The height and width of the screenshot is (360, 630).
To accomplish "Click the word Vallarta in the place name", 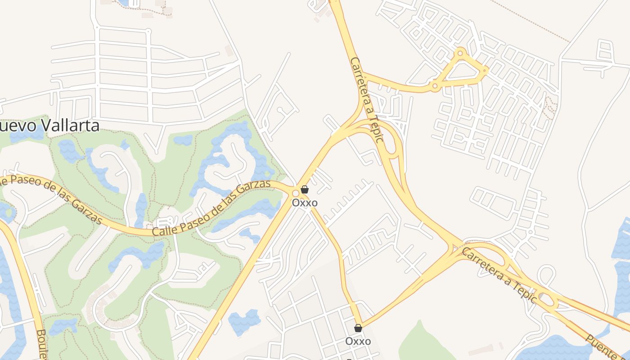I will (68, 125).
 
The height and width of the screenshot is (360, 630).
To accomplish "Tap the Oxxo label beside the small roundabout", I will (305, 202).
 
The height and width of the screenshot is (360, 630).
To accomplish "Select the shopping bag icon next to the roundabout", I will (305, 189).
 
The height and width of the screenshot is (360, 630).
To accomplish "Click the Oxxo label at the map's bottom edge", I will (358, 341).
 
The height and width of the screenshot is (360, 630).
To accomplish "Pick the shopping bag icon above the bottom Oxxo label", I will (358, 328).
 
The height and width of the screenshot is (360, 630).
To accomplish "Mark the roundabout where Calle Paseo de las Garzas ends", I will (295, 193).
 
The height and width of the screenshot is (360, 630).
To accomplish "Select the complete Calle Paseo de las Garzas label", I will (211, 208).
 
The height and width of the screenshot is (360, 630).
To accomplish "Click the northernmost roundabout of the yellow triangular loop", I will (460, 53).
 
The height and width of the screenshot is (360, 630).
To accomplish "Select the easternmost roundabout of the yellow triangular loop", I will (485, 71).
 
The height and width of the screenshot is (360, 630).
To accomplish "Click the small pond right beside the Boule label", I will (63, 326).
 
